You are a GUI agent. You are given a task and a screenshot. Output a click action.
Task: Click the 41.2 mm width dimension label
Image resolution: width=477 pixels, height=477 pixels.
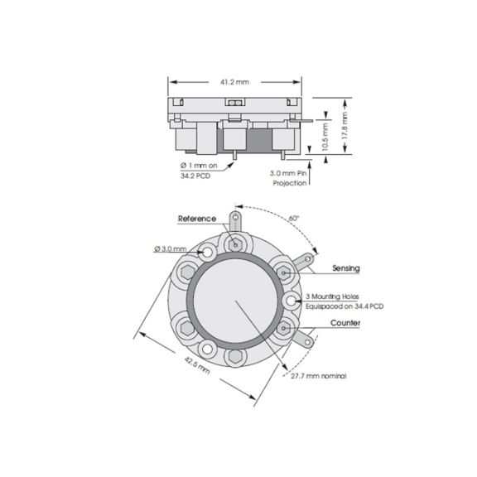[x=236, y=82]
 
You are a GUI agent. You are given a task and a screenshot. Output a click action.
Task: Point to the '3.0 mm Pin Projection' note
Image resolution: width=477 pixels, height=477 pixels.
[x=288, y=178]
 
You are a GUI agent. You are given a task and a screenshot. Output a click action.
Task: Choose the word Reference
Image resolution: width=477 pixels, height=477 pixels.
[x=197, y=219]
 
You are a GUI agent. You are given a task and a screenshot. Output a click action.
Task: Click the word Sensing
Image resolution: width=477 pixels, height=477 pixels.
[x=345, y=268]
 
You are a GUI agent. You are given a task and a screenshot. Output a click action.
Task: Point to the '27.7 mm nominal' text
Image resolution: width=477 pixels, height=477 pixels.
[x=318, y=377]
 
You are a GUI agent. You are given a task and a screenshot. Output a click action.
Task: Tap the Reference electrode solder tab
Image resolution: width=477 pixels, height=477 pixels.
[x=237, y=219]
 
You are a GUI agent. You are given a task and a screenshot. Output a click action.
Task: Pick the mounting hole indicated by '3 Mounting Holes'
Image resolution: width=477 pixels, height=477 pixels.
[x=292, y=299]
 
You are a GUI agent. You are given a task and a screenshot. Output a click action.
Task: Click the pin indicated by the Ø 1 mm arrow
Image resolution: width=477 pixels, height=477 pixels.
[x=235, y=155]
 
